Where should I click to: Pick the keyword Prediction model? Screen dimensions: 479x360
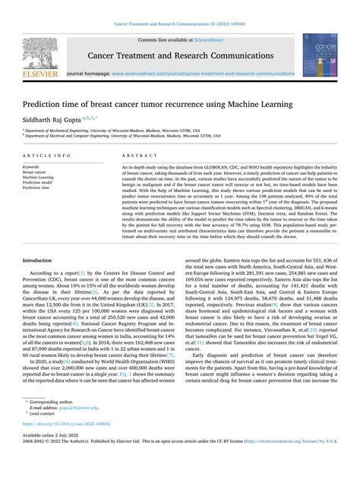tap(38, 182)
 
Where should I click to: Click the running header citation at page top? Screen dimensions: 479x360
tap(180, 24)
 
